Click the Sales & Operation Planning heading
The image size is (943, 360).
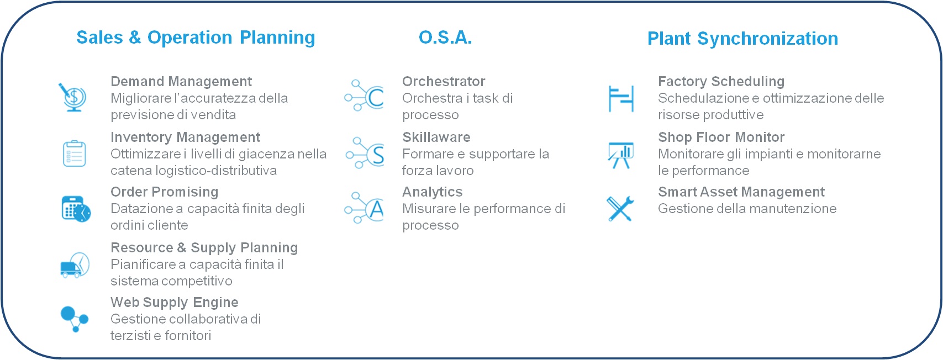196,38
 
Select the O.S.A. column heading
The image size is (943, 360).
445,38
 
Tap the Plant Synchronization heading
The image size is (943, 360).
742,39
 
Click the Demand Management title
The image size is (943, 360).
181,82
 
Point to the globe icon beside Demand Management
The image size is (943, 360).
73,97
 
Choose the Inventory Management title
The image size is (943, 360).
185,137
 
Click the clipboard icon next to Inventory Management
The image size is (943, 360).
73,153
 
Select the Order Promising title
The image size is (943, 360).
164,192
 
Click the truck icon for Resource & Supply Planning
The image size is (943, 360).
74,265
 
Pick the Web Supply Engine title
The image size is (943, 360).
174,303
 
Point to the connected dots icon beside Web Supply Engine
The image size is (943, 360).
74,319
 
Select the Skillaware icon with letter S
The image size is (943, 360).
365,153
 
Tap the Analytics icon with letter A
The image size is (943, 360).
365,208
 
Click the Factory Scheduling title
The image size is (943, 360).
721,82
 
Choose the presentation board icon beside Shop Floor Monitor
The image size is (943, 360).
620,155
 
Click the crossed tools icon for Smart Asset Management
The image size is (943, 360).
620,209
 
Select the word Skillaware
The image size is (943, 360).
436,137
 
